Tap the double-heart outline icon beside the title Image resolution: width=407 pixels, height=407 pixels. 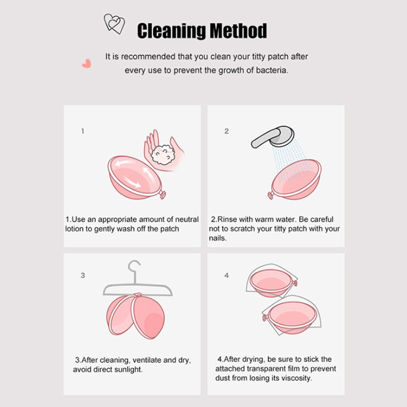point(114,23)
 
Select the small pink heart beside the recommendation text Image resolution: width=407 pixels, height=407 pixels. point(86,63)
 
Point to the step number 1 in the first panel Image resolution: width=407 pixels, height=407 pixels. point(82,131)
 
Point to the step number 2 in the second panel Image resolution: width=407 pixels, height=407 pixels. point(226,131)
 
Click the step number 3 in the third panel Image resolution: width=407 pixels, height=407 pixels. point(83,275)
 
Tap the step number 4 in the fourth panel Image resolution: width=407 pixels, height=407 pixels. point(226,275)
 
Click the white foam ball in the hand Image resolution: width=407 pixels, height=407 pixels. point(163,155)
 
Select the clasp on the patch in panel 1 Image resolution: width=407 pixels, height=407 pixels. point(163,194)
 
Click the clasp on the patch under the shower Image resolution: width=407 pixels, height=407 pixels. point(271,195)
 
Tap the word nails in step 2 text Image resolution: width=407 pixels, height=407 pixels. point(218,238)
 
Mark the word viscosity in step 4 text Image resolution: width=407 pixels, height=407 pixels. point(296,378)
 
